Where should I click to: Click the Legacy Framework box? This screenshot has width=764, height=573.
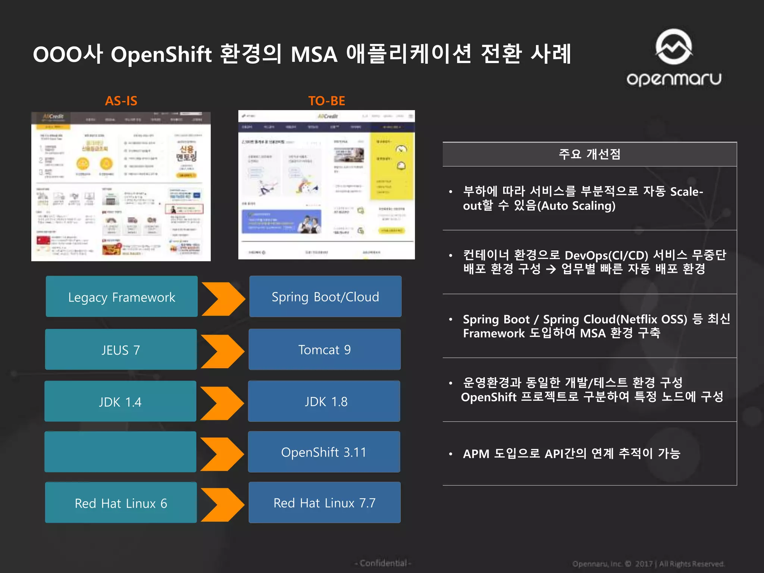pyautogui.click(x=122, y=297)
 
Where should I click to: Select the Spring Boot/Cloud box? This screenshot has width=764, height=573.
pyautogui.click(x=325, y=297)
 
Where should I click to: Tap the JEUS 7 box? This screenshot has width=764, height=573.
pyautogui.click(x=121, y=350)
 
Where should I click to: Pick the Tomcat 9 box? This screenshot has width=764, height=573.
pyautogui.click(x=325, y=350)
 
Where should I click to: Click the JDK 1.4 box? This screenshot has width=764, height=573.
pyautogui.click(x=120, y=401)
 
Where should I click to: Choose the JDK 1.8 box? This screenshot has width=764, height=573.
pyautogui.click(x=324, y=401)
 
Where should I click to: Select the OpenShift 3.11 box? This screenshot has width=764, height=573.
pyautogui.click(x=324, y=452)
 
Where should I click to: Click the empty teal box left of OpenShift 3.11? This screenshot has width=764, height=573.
pyautogui.click(x=120, y=452)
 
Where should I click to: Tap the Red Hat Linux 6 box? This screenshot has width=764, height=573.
pyautogui.click(x=121, y=502)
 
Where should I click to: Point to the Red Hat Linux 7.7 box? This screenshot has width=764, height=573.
pyautogui.click(x=325, y=502)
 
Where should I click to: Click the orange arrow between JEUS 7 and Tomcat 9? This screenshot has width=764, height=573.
pyautogui.click(x=222, y=351)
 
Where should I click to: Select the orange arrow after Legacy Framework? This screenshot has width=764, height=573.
pyautogui.click(x=223, y=299)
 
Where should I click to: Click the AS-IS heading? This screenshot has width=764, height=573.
pyautogui.click(x=121, y=101)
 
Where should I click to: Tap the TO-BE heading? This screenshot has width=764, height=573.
pyautogui.click(x=326, y=101)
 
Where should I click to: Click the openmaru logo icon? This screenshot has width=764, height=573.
pyautogui.click(x=674, y=47)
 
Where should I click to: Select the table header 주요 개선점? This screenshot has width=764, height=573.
pyautogui.click(x=589, y=154)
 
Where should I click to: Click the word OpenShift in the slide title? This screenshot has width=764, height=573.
pyautogui.click(x=161, y=54)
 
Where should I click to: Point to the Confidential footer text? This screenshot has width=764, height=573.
pyautogui.click(x=383, y=563)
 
